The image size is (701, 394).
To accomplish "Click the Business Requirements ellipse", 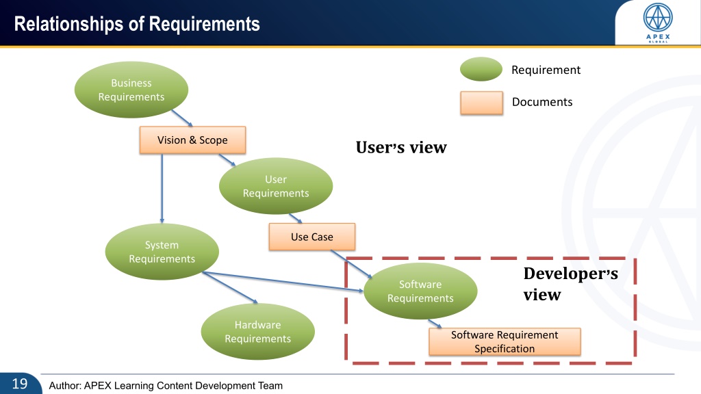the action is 131,90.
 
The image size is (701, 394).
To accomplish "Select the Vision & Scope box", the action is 192,140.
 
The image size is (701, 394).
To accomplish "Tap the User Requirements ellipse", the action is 276,186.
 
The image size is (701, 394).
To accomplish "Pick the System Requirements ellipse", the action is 162,252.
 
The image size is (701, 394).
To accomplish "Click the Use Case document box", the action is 312,237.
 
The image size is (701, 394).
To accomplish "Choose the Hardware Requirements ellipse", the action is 258,332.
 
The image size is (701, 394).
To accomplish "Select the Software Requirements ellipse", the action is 420,291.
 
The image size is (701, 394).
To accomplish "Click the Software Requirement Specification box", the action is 505,342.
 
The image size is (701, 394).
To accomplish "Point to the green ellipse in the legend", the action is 481,69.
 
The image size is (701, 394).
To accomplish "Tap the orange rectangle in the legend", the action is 481,103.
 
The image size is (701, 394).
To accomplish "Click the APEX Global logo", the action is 658,23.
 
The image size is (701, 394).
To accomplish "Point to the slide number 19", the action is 20,384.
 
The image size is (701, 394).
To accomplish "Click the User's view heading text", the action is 401,148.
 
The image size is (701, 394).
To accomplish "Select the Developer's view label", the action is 570,284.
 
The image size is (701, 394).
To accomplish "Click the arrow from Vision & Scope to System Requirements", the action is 162,189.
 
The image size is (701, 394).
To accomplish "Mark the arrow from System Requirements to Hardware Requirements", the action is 230,288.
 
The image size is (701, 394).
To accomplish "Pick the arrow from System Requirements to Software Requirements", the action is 283,282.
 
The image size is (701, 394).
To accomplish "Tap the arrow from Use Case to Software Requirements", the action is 351,265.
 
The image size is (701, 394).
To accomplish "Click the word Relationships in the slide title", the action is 68,24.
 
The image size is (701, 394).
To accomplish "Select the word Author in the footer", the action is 64,386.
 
